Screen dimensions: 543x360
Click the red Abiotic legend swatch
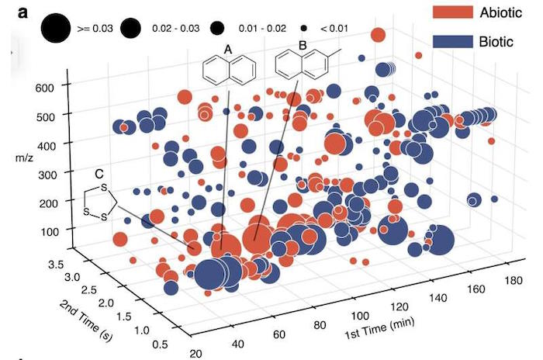[x=452, y=12]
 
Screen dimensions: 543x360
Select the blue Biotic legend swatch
[x=452, y=42]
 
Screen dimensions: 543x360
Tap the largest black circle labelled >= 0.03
[x=55, y=28]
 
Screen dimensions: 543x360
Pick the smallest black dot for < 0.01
[x=304, y=29]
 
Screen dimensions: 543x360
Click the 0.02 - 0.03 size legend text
[x=175, y=28]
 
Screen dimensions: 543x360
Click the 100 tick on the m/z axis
[x=50, y=231]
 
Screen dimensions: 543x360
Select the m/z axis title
[x=24, y=158]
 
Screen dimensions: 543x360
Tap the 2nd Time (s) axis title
[x=86, y=321]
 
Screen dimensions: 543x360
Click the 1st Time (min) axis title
[x=379, y=329]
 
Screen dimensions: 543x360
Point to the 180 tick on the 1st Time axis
[x=514, y=280]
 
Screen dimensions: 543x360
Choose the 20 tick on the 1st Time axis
[x=196, y=354]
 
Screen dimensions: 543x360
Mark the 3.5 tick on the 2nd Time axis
[x=56, y=265]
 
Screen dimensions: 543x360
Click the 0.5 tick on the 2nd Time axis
[x=160, y=344]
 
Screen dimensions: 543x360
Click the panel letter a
[x=22, y=13]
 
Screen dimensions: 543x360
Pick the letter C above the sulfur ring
[x=99, y=174]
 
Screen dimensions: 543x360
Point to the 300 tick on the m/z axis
[x=47, y=175]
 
